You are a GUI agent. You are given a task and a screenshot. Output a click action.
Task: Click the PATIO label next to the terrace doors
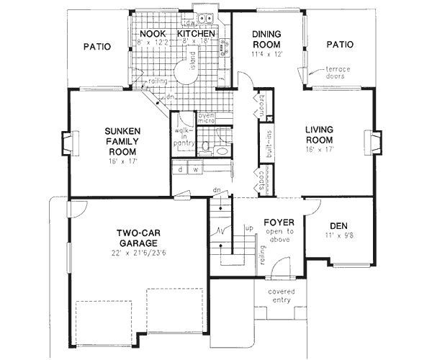click(x=339, y=44)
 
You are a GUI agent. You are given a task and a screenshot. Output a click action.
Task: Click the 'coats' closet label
click(x=258, y=179)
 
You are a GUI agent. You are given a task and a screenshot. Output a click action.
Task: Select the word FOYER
click(x=279, y=222)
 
